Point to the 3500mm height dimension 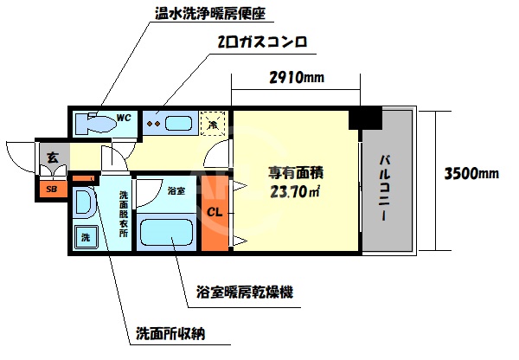471,173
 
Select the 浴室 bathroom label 175,190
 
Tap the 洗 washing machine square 86,237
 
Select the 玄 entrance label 52,157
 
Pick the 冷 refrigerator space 213,124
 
